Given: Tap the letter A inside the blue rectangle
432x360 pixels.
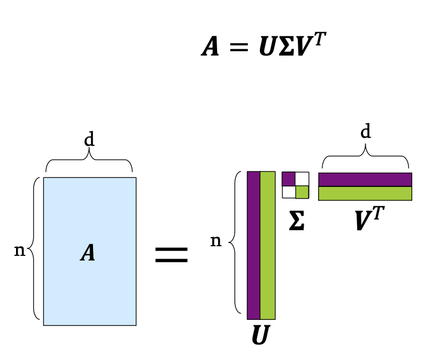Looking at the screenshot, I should pos(88,253).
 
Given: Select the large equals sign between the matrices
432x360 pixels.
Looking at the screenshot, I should pos(171,254).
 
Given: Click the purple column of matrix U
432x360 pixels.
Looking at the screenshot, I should pos(253,245).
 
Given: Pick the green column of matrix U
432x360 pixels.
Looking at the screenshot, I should pos(267,245).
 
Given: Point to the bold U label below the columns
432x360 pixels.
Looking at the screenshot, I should pos(260,336).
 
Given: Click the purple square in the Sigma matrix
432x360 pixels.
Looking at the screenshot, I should pos(289,178).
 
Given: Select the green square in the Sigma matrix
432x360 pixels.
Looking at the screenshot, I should pos(302,192).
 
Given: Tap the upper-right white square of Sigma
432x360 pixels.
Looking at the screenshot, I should pos(302,178).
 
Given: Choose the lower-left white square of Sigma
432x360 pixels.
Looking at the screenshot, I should pos(289,192).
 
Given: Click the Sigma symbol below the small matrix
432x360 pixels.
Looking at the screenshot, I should pos(297,222).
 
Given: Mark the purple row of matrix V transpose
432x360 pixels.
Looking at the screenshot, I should pos(365,179).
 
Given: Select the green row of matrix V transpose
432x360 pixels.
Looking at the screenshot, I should pos(365,193).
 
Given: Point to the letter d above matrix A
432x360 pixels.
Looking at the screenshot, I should pos(89,140).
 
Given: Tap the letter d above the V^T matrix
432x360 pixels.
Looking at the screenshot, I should pos(366,131).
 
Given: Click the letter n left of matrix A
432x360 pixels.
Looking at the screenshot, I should pos(20,250).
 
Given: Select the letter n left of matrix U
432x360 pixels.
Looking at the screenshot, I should pos(215,241).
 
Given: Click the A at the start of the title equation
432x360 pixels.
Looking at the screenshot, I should pos(211,47).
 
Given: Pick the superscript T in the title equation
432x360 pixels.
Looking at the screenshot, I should pos(319,39).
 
